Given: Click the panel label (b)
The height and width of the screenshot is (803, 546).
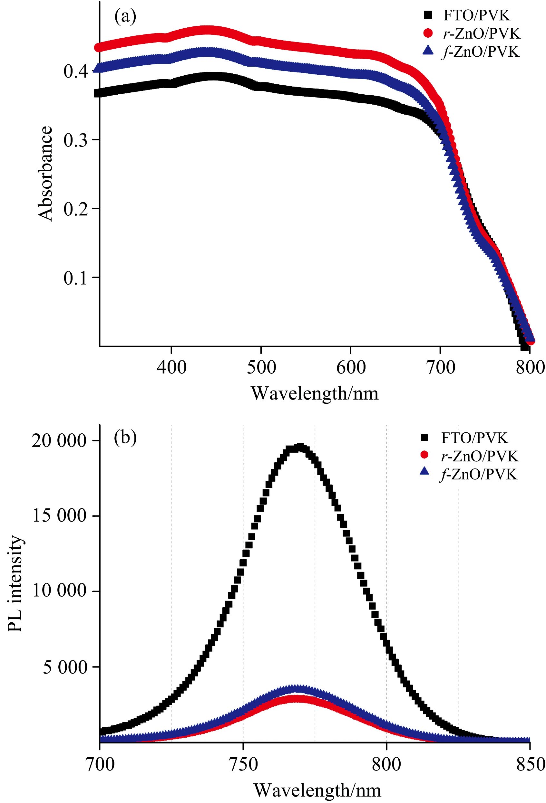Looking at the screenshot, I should tap(125, 438).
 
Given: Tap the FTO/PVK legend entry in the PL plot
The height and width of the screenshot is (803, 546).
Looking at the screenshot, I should tap(474, 438).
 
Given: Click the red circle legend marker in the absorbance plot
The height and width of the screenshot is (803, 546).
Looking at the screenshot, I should tap(428, 33).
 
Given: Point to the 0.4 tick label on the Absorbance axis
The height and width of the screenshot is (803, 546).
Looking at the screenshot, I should tap(75, 71).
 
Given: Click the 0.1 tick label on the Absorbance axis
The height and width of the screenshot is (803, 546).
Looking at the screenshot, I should tap(75, 278).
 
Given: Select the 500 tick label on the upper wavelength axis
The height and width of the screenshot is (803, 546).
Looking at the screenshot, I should tap(261, 367).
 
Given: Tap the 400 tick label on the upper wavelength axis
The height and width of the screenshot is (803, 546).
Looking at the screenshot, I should tap(171, 367).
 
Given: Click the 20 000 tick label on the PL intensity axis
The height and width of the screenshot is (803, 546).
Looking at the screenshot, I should tap(59, 441).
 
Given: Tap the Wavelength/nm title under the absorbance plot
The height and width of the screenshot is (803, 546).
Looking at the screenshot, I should tap(315, 393).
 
